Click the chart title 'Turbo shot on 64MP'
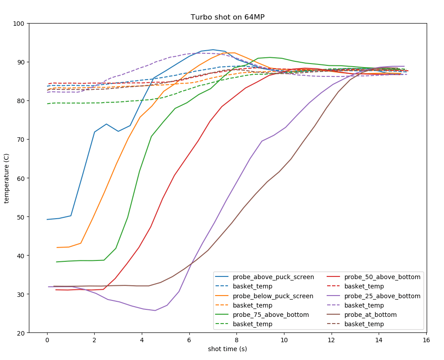click(228, 17)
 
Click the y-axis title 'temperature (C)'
click(7, 178)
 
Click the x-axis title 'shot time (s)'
click(228, 349)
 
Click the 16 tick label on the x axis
click(426, 340)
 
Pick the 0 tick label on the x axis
click(47, 340)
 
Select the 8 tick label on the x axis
click(236, 340)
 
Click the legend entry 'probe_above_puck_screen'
click(273, 277)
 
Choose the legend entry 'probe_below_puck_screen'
click(273, 296)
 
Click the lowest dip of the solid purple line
click(155, 310)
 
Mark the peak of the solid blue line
click(213, 50)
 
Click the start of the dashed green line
click(47, 104)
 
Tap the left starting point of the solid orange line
click(57, 248)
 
